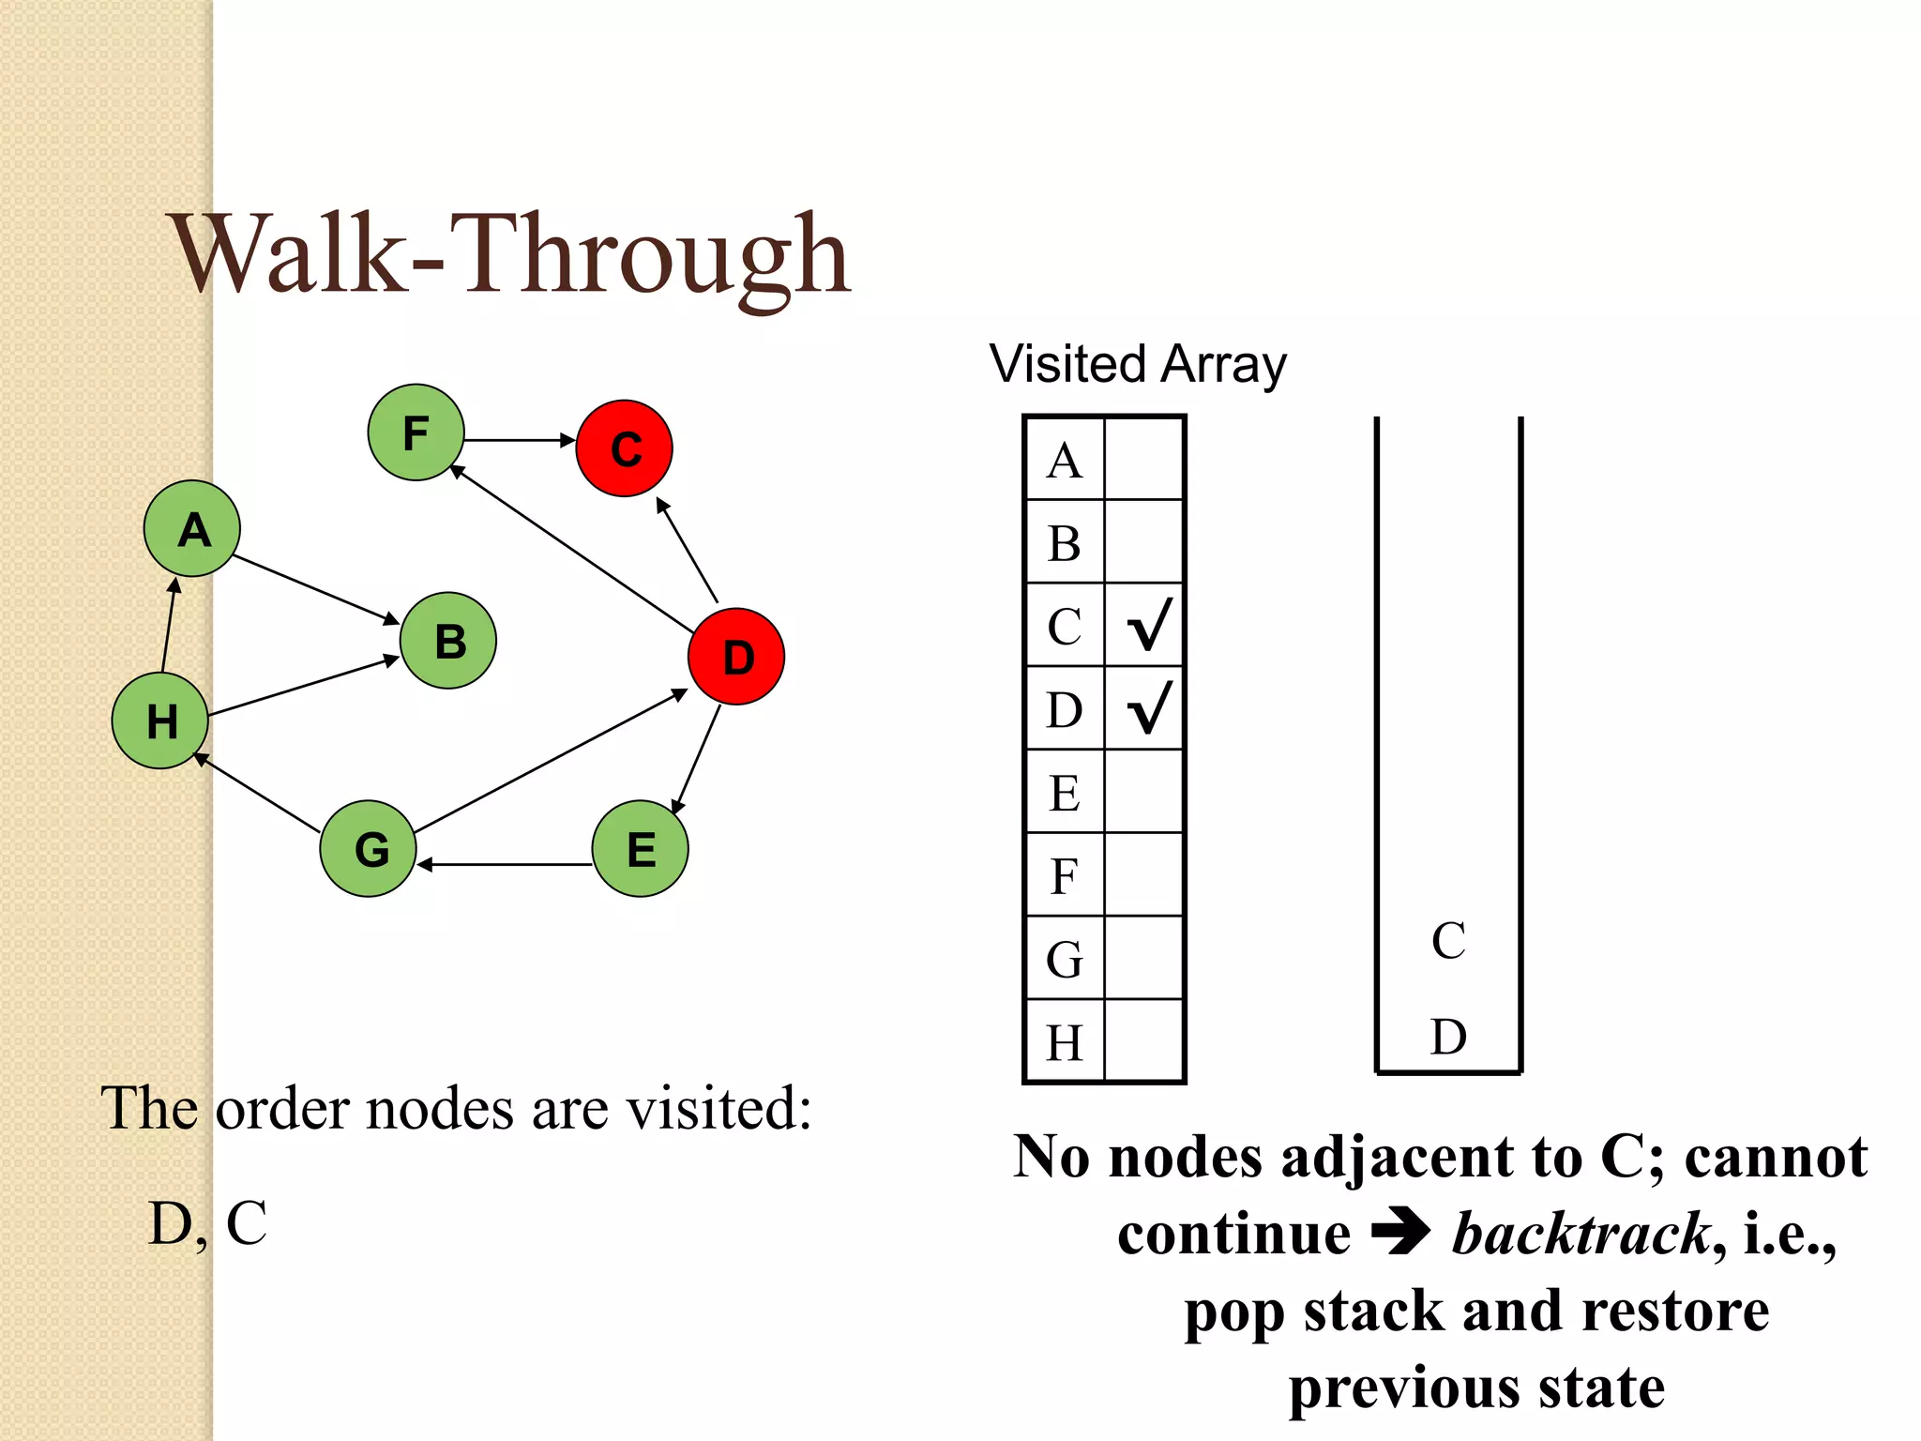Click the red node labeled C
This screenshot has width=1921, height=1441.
pyautogui.click(x=624, y=448)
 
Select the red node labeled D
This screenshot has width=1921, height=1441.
pyautogui.click(x=736, y=657)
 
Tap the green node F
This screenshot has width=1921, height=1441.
pyautogui.click(x=416, y=432)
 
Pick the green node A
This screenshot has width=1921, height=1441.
pyautogui.click(x=192, y=529)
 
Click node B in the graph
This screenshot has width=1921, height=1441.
pyautogui.click(x=448, y=641)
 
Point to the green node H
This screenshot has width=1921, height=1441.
pyautogui.click(x=160, y=720)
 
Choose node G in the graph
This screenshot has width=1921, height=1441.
pyautogui.click(x=369, y=848)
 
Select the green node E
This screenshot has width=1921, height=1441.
pyautogui.click(x=640, y=848)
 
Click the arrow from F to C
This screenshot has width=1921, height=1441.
pyautogui.click(x=519, y=439)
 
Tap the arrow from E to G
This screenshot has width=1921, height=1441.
pyautogui.click(x=505, y=864)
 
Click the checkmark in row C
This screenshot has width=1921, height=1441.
pyautogui.click(x=1148, y=626)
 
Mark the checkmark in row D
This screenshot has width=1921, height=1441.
pyautogui.click(x=1148, y=708)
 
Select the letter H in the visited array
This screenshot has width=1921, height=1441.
pyautogui.click(x=1065, y=1042)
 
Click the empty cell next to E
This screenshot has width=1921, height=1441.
pyautogui.click(x=1144, y=792)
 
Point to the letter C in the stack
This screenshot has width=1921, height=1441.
pyautogui.click(x=1448, y=941)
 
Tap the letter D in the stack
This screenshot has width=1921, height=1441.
pyautogui.click(x=1448, y=1038)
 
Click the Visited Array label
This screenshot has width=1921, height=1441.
pyautogui.click(x=1138, y=364)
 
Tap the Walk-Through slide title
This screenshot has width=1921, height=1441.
pyautogui.click(x=511, y=255)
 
